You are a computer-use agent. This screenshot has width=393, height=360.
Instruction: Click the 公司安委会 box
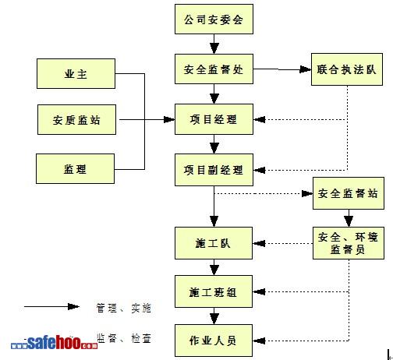[214, 19]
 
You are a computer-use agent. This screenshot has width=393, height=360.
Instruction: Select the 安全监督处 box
[214, 69]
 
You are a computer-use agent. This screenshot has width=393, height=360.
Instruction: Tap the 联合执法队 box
[347, 69]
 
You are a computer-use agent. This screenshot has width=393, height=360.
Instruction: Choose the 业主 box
[76, 74]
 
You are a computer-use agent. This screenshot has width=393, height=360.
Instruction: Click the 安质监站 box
[76, 120]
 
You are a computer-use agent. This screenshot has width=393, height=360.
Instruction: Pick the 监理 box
[75, 169]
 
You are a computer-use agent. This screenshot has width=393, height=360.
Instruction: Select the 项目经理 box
[214, 119]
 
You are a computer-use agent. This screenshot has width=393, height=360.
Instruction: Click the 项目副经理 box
[214, 170]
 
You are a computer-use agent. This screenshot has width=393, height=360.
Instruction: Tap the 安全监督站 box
[349, 193]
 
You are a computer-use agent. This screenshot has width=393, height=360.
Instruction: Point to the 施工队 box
[214, 243]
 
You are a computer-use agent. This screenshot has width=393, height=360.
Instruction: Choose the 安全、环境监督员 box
[349, 243]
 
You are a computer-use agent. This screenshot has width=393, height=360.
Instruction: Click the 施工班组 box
[214, 291]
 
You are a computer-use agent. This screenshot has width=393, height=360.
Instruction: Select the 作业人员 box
[214, 341]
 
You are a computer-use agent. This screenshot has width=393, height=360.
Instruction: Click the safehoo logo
[55, 342]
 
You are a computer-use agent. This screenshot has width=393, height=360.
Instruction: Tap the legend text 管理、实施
[123, 308]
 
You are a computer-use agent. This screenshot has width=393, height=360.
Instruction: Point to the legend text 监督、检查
[124, 338]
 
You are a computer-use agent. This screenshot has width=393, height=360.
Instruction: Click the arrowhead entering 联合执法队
[306, 69]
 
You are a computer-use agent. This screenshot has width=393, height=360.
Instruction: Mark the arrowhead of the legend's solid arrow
[73, 306]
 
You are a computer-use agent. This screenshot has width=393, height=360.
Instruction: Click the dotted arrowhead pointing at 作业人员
[259, 341]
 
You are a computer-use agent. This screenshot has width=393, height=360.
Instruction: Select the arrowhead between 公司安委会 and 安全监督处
[214, 48]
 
